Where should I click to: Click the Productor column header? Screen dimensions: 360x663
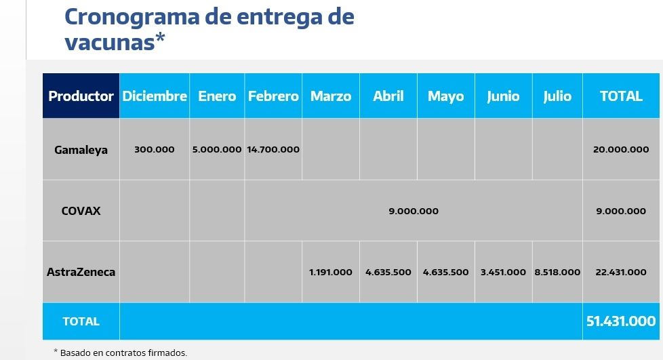click(81, 96)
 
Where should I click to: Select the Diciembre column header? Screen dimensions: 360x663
click(155, 96)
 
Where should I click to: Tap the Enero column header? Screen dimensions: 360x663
click(217, 96)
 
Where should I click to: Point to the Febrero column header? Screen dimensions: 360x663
click(273, 96)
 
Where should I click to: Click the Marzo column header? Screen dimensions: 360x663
click(331, 96)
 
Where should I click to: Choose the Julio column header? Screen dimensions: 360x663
click(557, 96)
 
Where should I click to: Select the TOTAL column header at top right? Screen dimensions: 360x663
click(621, 96)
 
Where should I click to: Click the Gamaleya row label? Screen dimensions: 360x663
click(81, 150)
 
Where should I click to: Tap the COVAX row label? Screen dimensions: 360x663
click(81, 211)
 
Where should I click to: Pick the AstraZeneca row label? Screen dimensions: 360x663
click(81, 273)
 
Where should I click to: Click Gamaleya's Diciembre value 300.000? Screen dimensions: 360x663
click(155, 150)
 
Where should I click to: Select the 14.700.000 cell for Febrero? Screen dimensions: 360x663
click(273, 150)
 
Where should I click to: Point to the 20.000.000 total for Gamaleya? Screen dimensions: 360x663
click(621, 150)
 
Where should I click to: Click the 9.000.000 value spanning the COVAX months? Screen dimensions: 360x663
click(414, 211)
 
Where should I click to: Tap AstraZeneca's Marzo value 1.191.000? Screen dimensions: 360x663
click(331, 273)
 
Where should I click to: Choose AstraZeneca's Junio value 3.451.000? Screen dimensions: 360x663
click(503, 273)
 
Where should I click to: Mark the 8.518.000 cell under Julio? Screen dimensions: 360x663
click(557, 273)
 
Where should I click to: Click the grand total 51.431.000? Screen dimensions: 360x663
click(621, 321)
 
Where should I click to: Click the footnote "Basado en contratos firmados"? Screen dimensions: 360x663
click(123, 353)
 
